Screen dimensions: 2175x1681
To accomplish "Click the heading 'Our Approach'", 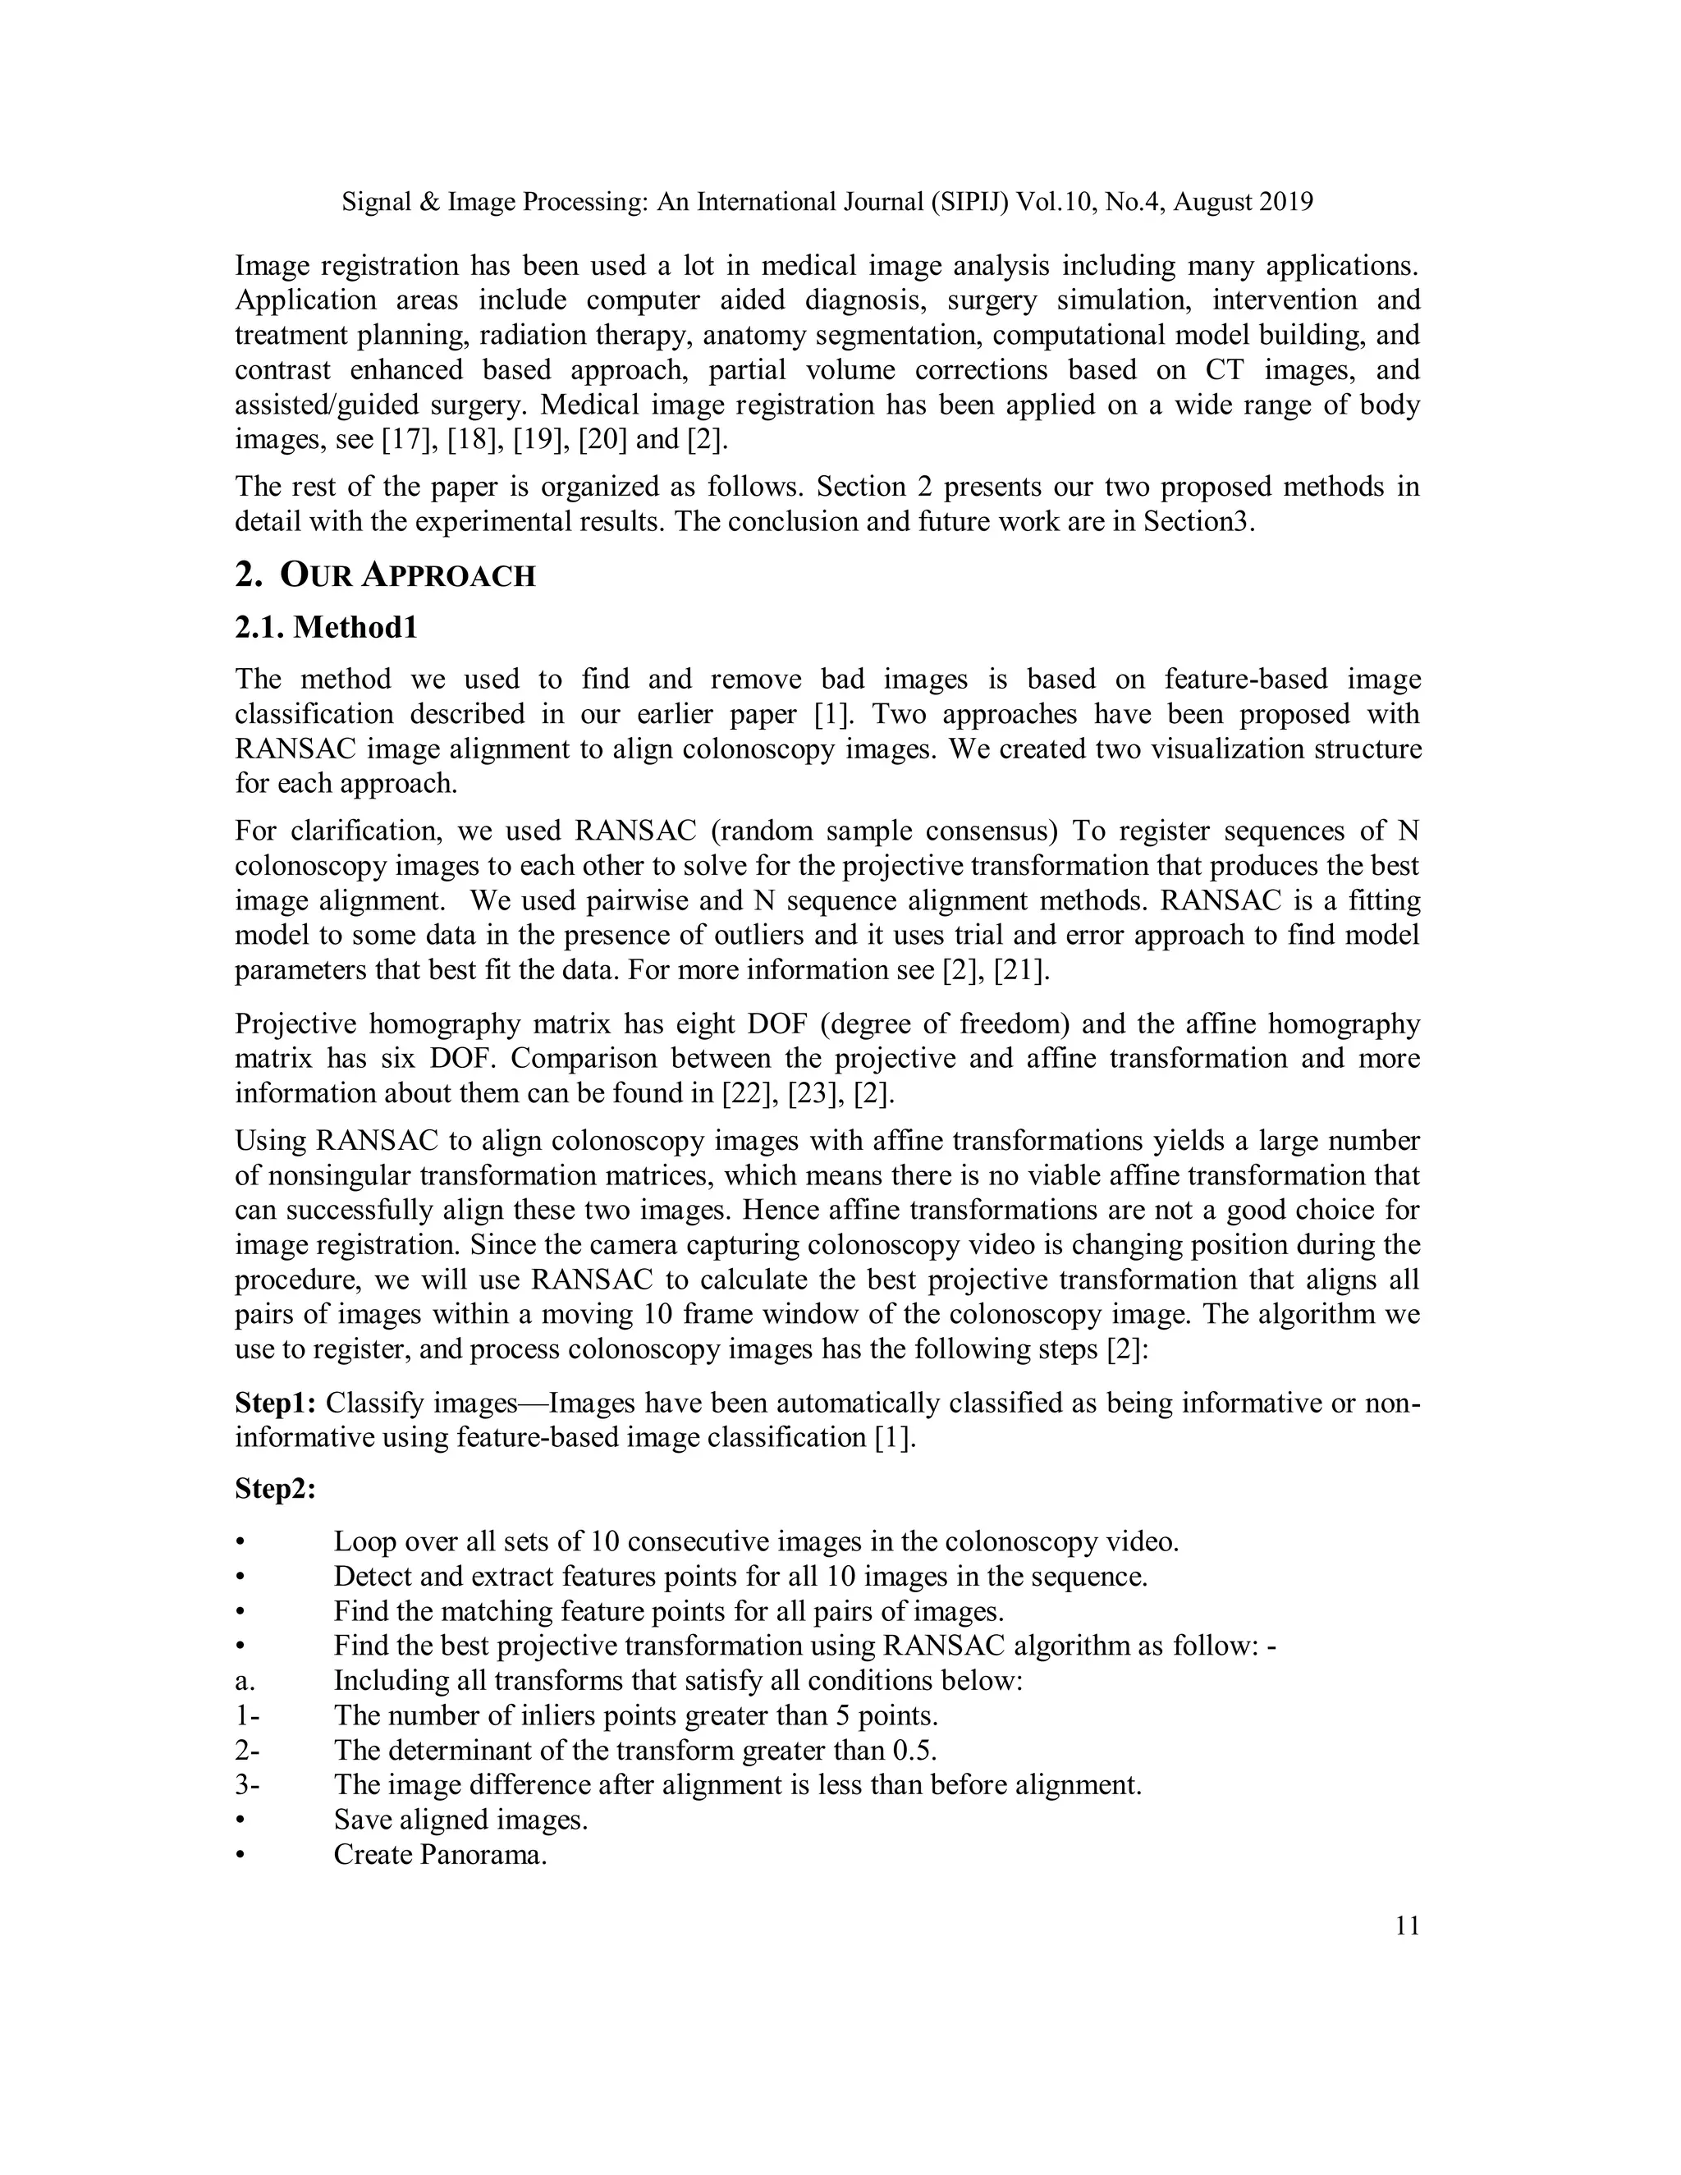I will point(407,575).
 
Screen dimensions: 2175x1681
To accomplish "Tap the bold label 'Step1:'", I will point(276,1403).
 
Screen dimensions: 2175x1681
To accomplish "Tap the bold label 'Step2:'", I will point(276,1489).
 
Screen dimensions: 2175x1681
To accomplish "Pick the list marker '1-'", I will point(247,1716).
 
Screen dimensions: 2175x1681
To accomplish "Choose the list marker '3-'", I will point(247,1784).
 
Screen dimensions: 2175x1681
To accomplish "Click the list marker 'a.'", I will point(245,1681).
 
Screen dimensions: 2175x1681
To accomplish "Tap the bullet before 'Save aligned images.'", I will point(240,1820).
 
